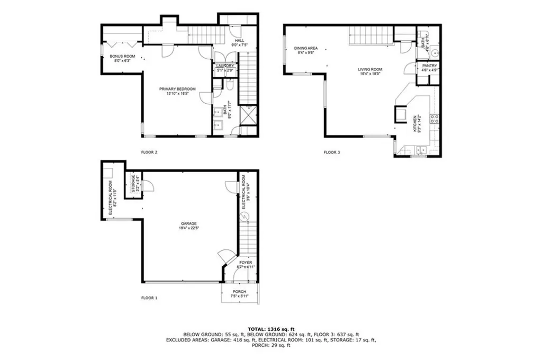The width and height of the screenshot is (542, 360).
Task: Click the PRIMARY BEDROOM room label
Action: coord(178,89)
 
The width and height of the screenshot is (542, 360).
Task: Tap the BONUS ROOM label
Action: coord(123,56)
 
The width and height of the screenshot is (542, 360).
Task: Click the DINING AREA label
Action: coord(305,48)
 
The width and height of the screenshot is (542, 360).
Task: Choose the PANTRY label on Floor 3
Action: coord(429,66)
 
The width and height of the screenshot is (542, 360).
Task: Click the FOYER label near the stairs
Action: coord(246,263)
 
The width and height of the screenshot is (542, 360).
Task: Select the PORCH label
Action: coord(240,292)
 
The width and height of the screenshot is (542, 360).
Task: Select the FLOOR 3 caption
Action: coord(332,152)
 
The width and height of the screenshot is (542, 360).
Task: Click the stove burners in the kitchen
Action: coord(434,119)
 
